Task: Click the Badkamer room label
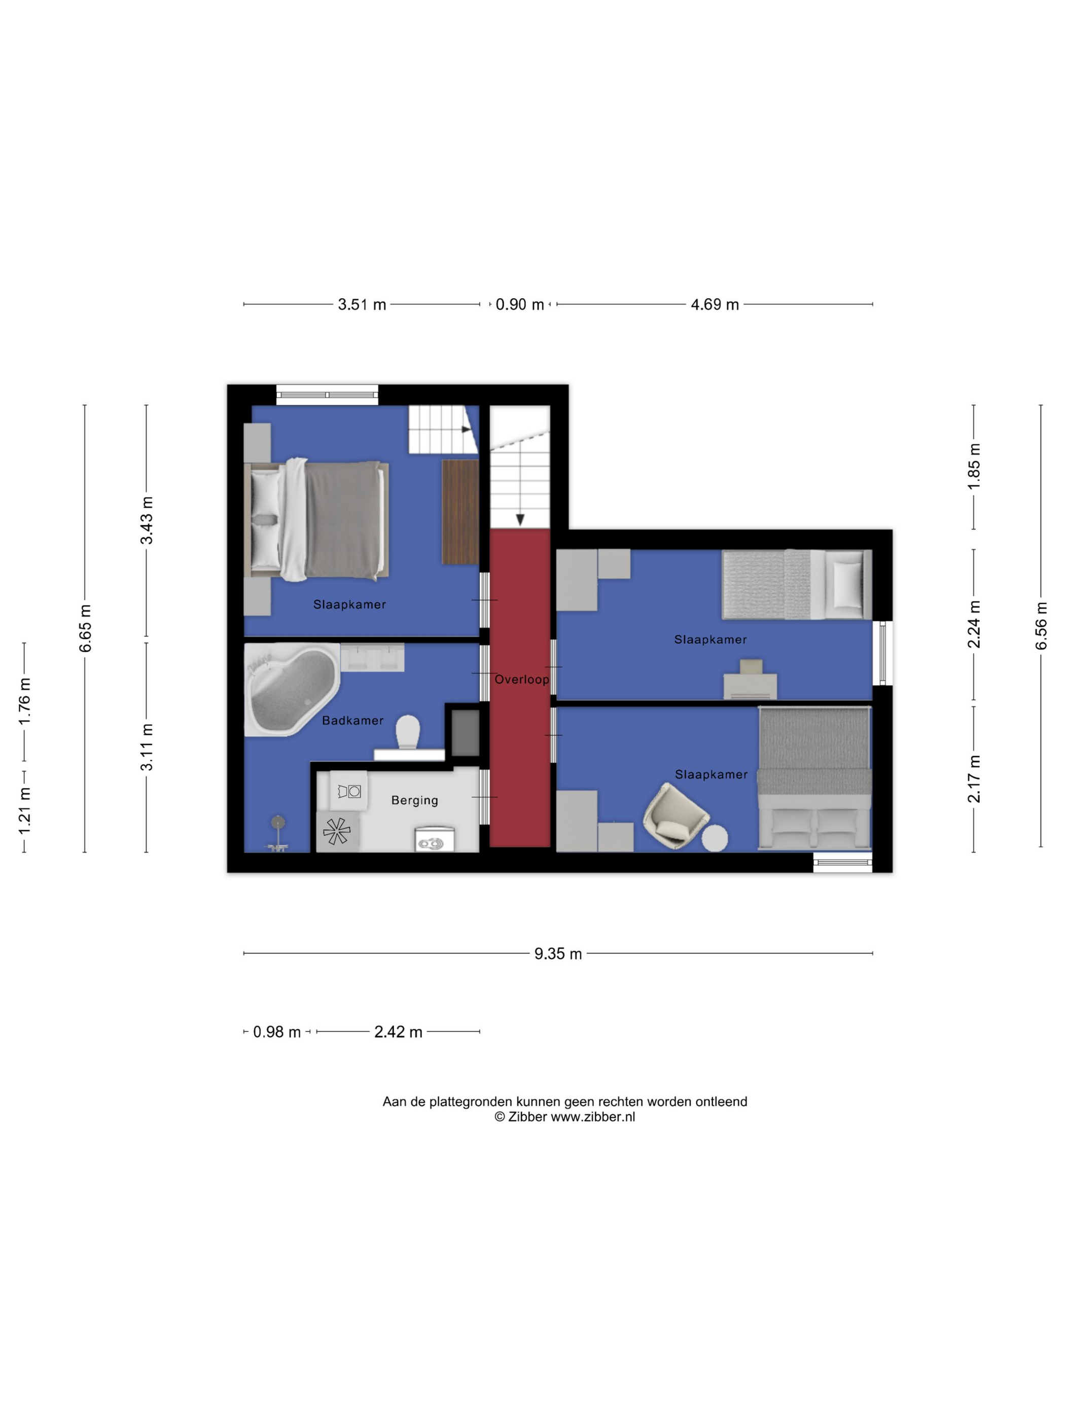pyautogui.click(x=352, y=720)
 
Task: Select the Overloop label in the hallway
pyautogui.click(x=521, y=679)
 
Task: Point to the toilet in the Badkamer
pyautogui.click(x=408, y=732)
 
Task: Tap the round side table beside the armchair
pyautogui.click(x=714, y=838)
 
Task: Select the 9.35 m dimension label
pyautogui.click(x=558, y=954)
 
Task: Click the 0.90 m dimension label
pyautogui.click(x=519, y=304)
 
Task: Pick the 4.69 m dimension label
pyautogui.click(x=715, y=304)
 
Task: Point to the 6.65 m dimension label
pyautogui.click(x=85, y=628)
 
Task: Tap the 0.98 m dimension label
pyautogui.click(x=277, y=1032)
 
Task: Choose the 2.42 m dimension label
pyautogui.click(x=398, y=1032)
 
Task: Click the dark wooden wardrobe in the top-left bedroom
pyautogui.click(x=460, y=512)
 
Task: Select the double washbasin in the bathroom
pyautogui.click(x=372, y=657)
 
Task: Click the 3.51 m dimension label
pyautogui.click(x=362, y=304)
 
